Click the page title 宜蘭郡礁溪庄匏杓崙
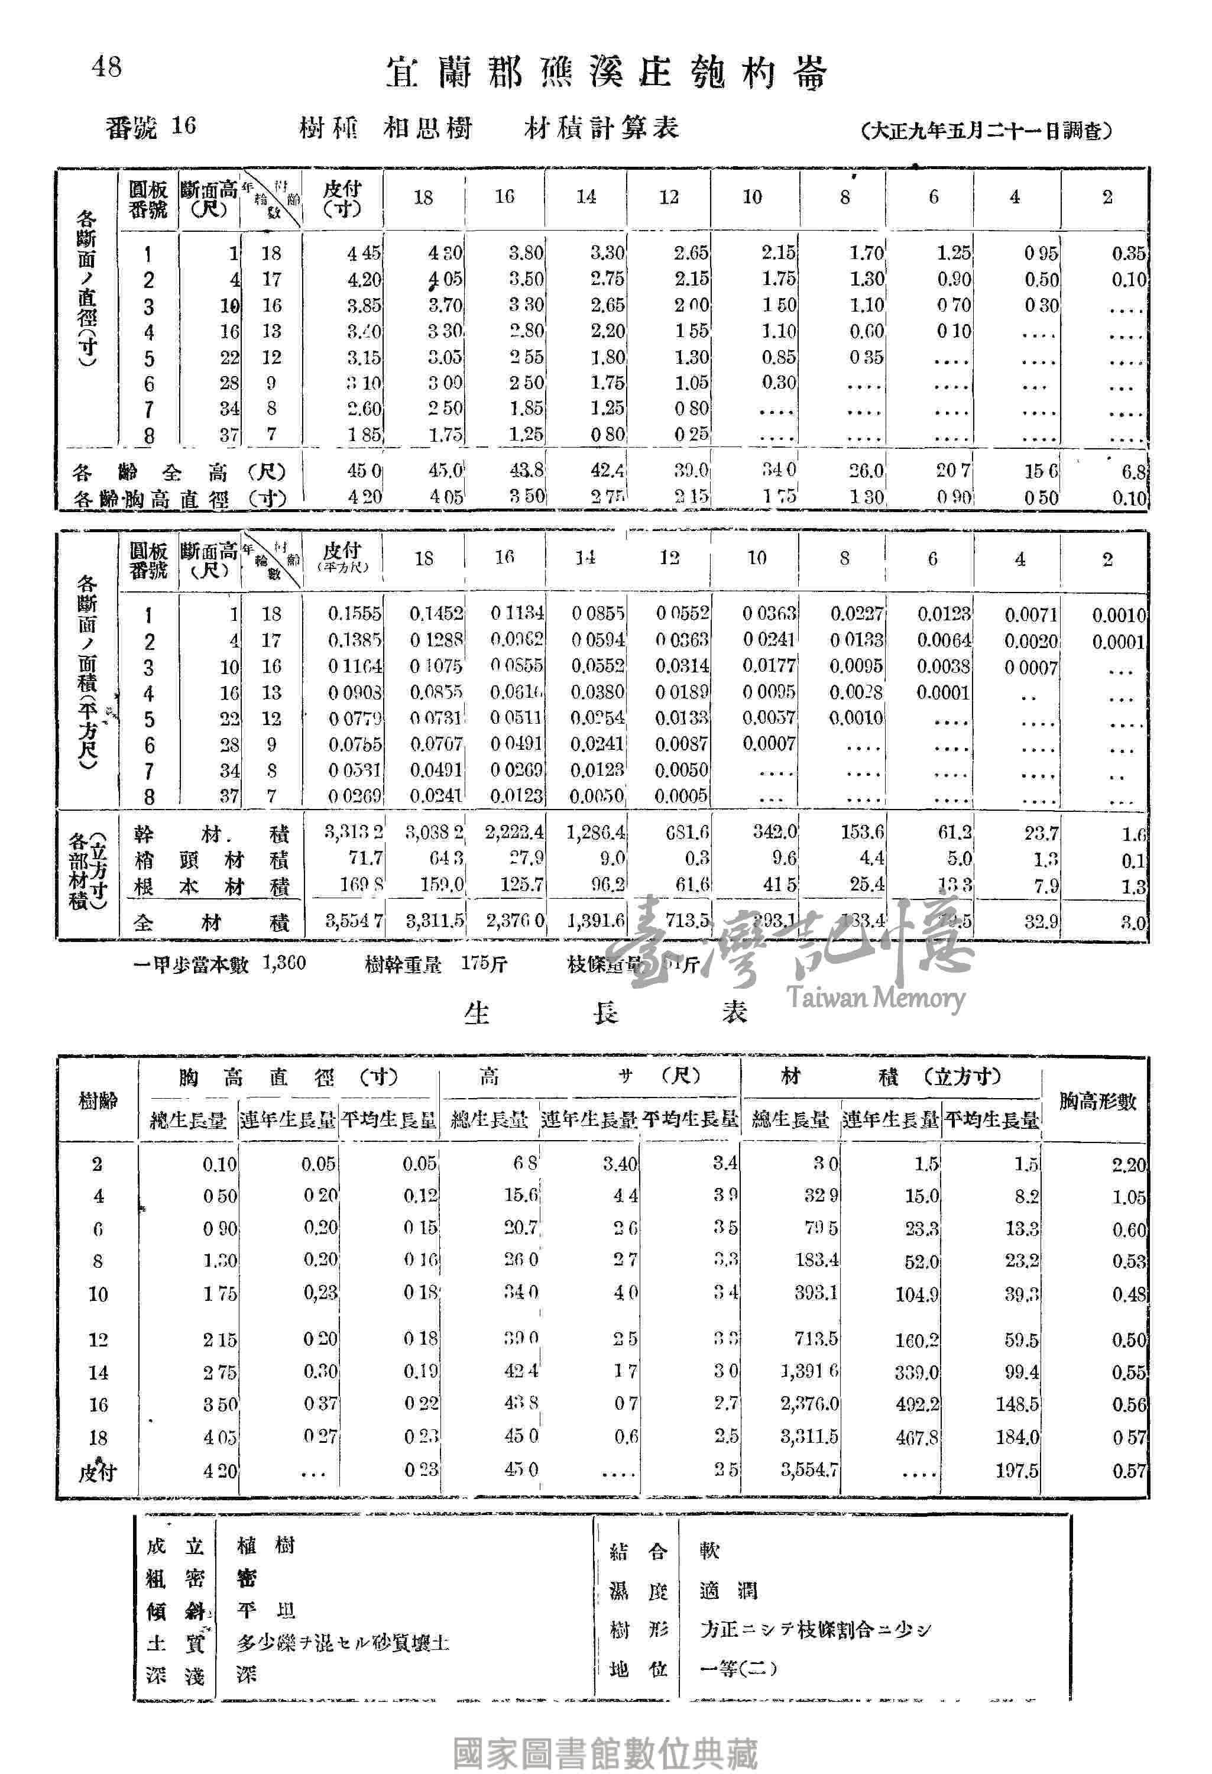(x=606, y=74)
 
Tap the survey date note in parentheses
(x=986, y=131)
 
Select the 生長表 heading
(x=606, y=1013)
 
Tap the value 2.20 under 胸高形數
(x=1128, y=1165)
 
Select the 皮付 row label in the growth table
(x=98, y=1471)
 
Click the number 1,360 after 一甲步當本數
(x=284, y=963)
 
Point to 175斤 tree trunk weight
(x=484, y=964)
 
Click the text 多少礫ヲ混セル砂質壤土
(x=343, y=1642)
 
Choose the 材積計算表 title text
(x=601, y=128)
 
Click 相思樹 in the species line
(x=427, y=128)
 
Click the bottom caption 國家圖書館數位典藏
(x=606, y=1753)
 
